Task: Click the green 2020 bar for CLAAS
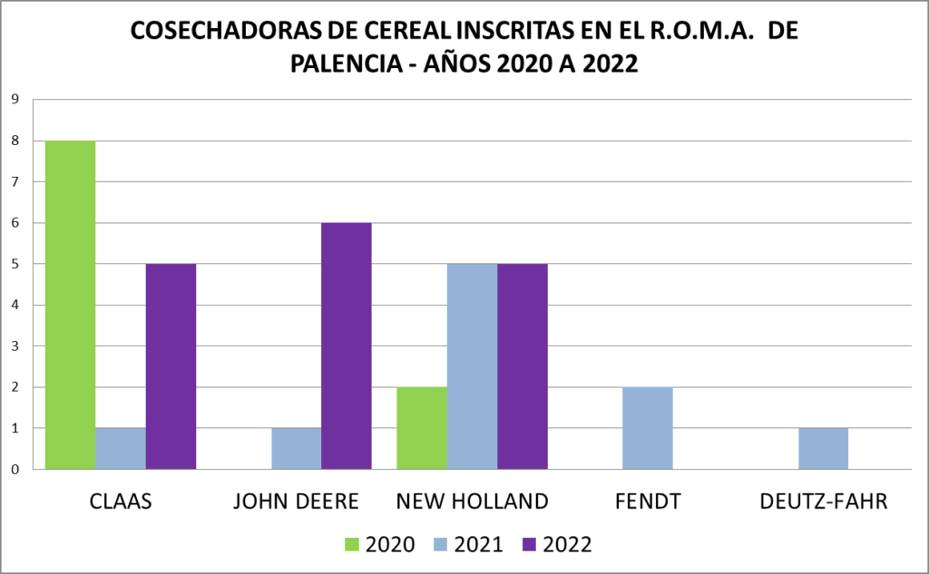(71, 305)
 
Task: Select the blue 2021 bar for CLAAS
(121, 448)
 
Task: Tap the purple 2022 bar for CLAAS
(171, 366)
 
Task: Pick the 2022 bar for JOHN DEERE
(346, 345)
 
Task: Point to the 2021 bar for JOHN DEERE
(296, 448)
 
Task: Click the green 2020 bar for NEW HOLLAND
(423, 428)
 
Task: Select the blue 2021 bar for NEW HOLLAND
(473, 366)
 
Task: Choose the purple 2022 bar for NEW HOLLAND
(522, 366)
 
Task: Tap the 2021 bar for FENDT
(648, 428)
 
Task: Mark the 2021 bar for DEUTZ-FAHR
(824, 448)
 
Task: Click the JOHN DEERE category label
(297, 501)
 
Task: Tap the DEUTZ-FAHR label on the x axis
(823, 501)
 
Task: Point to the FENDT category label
(648, 501)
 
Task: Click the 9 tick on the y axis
(15, 100)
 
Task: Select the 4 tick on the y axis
(15, 305)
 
